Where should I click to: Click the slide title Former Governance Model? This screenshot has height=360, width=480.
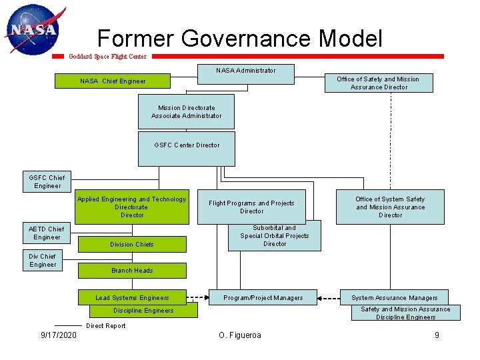[240, 38]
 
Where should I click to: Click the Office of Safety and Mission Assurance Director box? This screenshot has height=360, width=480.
[378, 83]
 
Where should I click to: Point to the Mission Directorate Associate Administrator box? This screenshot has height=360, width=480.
[187, 112]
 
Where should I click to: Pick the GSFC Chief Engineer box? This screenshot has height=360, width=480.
[47, 181]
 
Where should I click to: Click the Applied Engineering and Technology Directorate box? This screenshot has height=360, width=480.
[132, 207]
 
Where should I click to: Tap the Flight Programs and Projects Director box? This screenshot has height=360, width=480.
[252, 207]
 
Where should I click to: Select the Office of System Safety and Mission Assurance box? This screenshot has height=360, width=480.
[390, 207]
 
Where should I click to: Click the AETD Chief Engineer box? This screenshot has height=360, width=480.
[47, 233]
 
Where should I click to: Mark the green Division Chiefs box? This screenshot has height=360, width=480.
[132, 244]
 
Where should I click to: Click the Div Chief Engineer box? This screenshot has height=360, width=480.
[43, 261]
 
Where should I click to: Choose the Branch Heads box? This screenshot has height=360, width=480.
[132, 270]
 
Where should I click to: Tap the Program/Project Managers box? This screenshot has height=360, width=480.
[263, 297]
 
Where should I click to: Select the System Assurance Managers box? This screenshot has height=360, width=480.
[395, 297]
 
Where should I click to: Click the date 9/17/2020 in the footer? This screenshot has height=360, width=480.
[59, 335]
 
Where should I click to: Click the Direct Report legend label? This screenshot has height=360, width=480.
[106, 326]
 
